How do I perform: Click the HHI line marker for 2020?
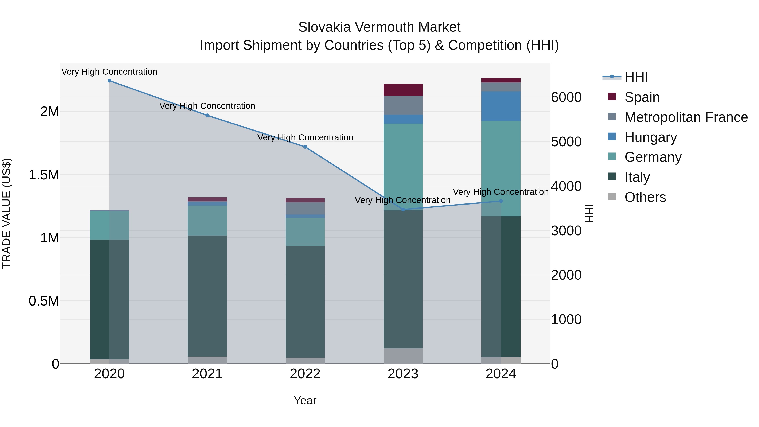click(x=109, y=81)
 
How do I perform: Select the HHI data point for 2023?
click(x=403, y=210)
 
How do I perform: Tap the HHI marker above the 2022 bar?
click(x=305, y=147)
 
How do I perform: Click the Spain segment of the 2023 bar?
click(x=403, y=90)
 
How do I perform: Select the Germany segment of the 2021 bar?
click(x=207, y=220)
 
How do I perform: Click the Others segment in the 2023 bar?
click(x=403, y=356)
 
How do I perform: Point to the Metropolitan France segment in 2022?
click(x=305, y=208)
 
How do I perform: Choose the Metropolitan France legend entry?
click(x=686, y=117)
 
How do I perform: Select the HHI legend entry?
click(x=636, y=77)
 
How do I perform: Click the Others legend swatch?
click(x=612, y=197)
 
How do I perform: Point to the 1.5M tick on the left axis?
click(x=44, y=175)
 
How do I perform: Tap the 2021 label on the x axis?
click(x=207, y=374)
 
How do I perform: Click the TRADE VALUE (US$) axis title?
click(x=7, y=213)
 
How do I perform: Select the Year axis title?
click(x=305, y=400)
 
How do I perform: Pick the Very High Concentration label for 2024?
click(x=501, y=192)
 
